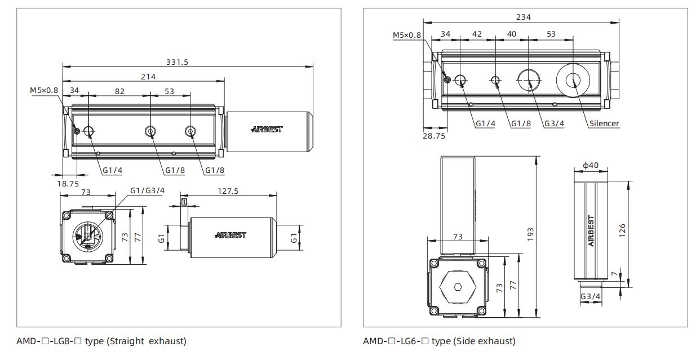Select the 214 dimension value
click(148, 76)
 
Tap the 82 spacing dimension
click(119, 91)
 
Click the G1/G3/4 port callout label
click(147, 190)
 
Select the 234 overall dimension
click(524, 17)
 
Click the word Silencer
click(604, 123)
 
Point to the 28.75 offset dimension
click(433, 136)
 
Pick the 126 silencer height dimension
click(622, 229)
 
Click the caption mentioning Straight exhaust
click(101, 341)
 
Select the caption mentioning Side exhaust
click(439, 341)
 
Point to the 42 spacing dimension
click(477, 34)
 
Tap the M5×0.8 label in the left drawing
click(44, 90)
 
